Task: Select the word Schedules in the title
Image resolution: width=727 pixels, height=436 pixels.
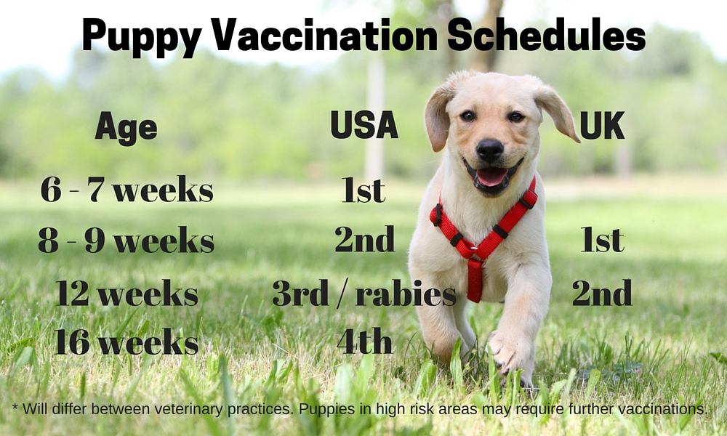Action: (546, 35)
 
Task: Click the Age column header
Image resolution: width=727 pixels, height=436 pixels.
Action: (126, 128)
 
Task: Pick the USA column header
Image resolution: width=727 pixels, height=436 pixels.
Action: (364, 125)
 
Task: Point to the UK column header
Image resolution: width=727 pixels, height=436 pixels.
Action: (602, 126)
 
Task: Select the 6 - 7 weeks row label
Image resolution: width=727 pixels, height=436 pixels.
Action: (127, 190)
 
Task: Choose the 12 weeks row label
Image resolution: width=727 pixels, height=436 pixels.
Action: (127, 294)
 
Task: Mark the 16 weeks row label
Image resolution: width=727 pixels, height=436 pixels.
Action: (126, 342)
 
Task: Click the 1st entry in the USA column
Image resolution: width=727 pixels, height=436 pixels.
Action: (363, 190)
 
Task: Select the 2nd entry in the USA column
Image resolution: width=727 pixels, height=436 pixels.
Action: (364, 240)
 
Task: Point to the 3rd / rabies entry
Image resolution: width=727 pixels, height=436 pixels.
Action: (363, 294)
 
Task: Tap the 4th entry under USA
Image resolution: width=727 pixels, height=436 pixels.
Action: (364, 342)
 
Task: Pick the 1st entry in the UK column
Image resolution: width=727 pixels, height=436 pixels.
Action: (602, 241)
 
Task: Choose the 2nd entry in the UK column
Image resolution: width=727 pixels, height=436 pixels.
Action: (602, 294)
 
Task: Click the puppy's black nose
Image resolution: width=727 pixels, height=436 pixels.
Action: (489, 150)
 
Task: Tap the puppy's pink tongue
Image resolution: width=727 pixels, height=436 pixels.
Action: (491, 177)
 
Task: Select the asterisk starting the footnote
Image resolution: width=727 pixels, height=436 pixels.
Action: (15, 405)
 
